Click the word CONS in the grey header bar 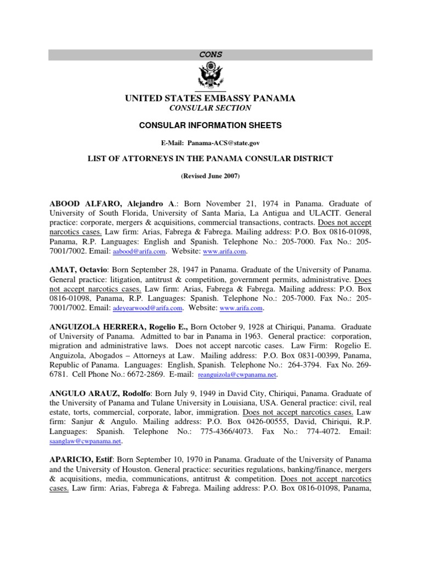click(x=210, y=54)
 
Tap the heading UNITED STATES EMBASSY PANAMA click(x=210, y=98)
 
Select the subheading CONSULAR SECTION click(x=210, y=108)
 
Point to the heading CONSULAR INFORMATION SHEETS click(x=210, y=125)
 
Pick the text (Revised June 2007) click(x=210, y=178)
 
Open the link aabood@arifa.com click(x=139, y=251)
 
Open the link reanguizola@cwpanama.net click(x=237, y=375)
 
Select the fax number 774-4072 click(x=310, y=432)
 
